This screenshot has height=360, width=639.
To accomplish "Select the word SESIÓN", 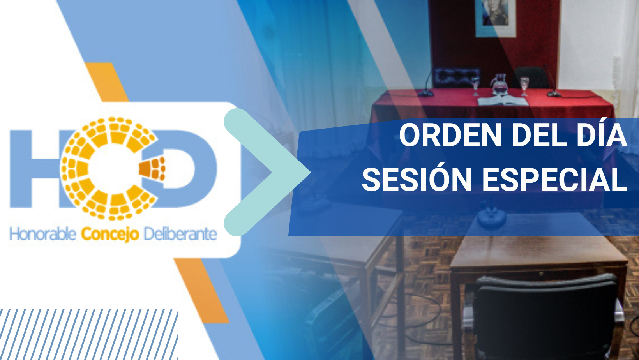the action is click(x=417, y=178).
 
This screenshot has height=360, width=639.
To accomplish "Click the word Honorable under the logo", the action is click(x=43, y=234).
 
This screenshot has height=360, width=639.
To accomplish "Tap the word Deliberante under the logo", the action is click(x=180, y=234).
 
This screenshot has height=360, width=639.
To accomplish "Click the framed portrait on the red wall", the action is click(x=496, y=18).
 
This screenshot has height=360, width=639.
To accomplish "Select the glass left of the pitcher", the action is click(x=475, y=86).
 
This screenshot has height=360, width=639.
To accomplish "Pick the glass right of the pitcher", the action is click(x=524, y=86).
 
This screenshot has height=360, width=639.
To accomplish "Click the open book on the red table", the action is click(x=503, y=101).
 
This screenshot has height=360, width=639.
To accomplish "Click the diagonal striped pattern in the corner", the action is click(x=88, y=334).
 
